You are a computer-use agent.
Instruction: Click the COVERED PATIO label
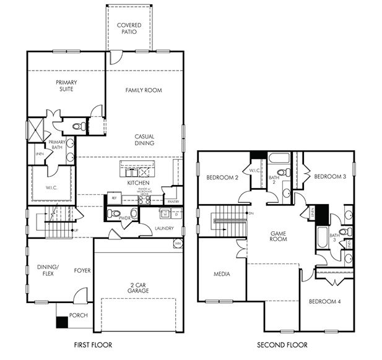tap(129, 29)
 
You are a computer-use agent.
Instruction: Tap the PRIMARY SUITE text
tap(65, 86)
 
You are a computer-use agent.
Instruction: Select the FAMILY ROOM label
tap(144, 90)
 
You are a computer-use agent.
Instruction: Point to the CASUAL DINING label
tap(144, 140)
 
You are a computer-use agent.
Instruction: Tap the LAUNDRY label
tap(165, 228)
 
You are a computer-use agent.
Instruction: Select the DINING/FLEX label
tap(47, 270)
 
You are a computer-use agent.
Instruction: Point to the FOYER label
tap(82, 270)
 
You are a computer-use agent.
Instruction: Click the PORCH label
tap(78, 315)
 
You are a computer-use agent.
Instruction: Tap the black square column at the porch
tap(61, 322)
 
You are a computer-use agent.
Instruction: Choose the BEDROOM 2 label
tap(222, 178)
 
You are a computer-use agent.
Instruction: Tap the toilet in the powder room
tap(113, 214)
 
